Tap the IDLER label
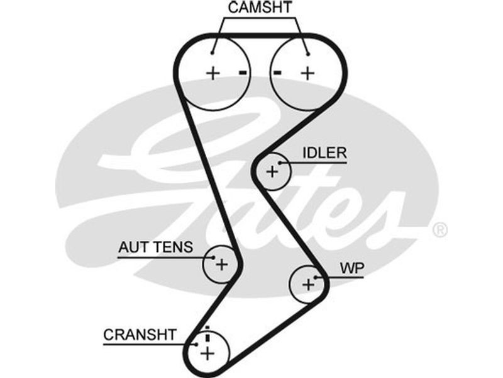[x=324, y=153]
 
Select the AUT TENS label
[x=155, y=248]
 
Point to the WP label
[x=352, y=267]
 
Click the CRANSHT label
[x=140, y=335]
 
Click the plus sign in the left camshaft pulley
[x=213, y=73]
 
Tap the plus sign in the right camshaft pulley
[x=307, y=73]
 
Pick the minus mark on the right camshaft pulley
[x=277, y=73]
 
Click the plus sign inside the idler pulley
[x=272, y=171]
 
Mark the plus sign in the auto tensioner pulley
[x=221, y=264]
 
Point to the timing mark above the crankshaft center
[x=206, y=333]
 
